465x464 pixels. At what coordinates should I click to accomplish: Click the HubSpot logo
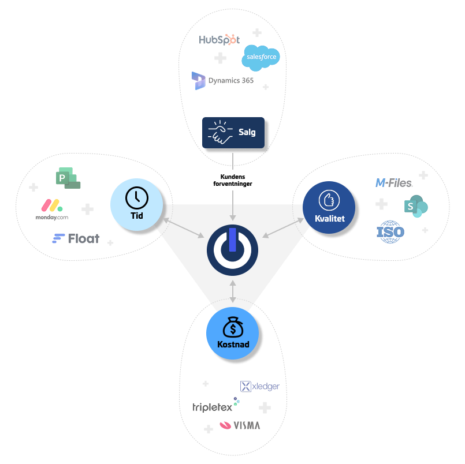219,40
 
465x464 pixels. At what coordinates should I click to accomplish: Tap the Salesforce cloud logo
261,58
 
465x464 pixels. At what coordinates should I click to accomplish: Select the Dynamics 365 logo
223,81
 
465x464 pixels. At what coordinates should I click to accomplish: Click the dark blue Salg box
233,133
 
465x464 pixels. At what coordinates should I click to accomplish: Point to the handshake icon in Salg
220,132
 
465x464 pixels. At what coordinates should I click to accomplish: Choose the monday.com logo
51,210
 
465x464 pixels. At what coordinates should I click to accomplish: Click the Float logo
76,238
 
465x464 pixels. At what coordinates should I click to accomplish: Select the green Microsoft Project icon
68,178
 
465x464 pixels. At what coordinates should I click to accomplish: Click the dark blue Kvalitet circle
329,207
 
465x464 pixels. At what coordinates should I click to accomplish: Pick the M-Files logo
393,183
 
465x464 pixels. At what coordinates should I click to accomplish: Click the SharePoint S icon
416,205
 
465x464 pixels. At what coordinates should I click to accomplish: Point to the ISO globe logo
390,232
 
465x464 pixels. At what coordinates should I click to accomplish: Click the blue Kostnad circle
232,334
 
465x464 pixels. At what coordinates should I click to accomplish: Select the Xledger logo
259,387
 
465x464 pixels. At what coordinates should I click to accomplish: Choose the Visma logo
240,426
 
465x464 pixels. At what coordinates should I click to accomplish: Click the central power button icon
232,250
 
